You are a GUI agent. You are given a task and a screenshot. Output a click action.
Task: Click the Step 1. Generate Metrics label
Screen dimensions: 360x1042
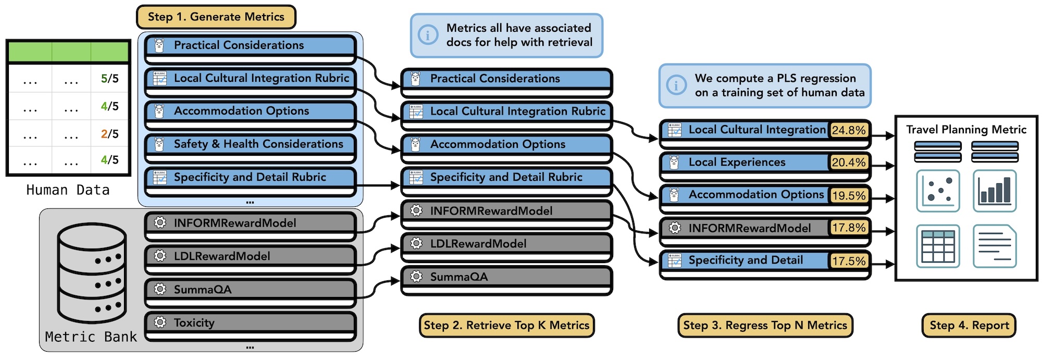point(216,17)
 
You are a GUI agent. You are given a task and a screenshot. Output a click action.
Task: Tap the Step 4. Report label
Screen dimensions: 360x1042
point(969,326)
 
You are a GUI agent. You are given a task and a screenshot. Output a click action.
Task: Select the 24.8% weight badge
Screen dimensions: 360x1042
point(849,130)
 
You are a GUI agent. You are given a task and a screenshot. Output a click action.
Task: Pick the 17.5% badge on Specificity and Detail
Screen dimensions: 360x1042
point(849,261)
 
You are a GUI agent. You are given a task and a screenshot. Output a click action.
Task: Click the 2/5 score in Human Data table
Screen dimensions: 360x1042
point(109,134)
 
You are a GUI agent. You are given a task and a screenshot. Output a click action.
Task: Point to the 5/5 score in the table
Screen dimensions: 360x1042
point(109,79)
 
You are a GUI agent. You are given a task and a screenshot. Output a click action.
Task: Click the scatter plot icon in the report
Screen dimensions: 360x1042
point(938,191)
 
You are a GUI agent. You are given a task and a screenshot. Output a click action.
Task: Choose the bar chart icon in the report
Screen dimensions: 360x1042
point(995,191)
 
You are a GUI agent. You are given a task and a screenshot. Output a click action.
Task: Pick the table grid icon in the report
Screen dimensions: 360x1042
point(938,246)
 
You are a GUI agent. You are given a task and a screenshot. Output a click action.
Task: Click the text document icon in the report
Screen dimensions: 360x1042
point(995,246)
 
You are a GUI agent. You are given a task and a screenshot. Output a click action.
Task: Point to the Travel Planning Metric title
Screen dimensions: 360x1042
point(966,130)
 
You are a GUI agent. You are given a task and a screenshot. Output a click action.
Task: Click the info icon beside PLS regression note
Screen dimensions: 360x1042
point(676,85)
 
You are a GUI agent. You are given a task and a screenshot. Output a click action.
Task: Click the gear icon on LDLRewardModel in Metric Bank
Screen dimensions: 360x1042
point(160,256)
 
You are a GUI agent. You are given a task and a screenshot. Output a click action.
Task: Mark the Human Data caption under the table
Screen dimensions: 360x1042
point(68,190)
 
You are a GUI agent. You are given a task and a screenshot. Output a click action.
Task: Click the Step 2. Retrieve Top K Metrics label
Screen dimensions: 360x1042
point(506,326)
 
